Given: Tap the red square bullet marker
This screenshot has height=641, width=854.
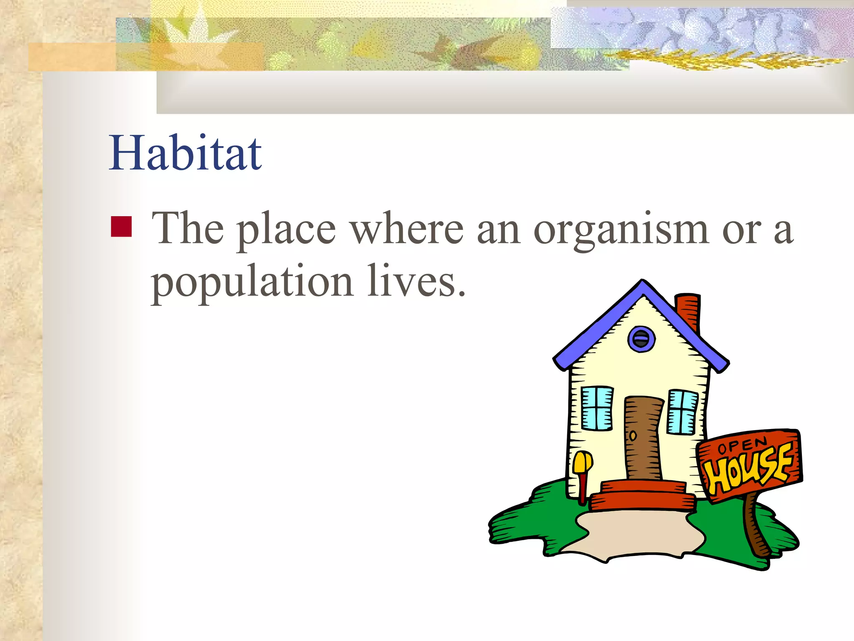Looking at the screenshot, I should [121, 227].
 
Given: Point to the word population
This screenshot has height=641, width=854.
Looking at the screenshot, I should [252, 283].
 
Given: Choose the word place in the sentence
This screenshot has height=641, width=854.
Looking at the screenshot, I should [286, 230].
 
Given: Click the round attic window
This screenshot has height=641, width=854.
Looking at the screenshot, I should [641, 339].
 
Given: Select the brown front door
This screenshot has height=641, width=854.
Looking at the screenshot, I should [643, 438].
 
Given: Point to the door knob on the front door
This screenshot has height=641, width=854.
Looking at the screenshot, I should [633, 436].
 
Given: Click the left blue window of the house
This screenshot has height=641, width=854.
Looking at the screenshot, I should [597, 408].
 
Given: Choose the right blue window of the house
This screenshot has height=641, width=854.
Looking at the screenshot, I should [683, 412].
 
